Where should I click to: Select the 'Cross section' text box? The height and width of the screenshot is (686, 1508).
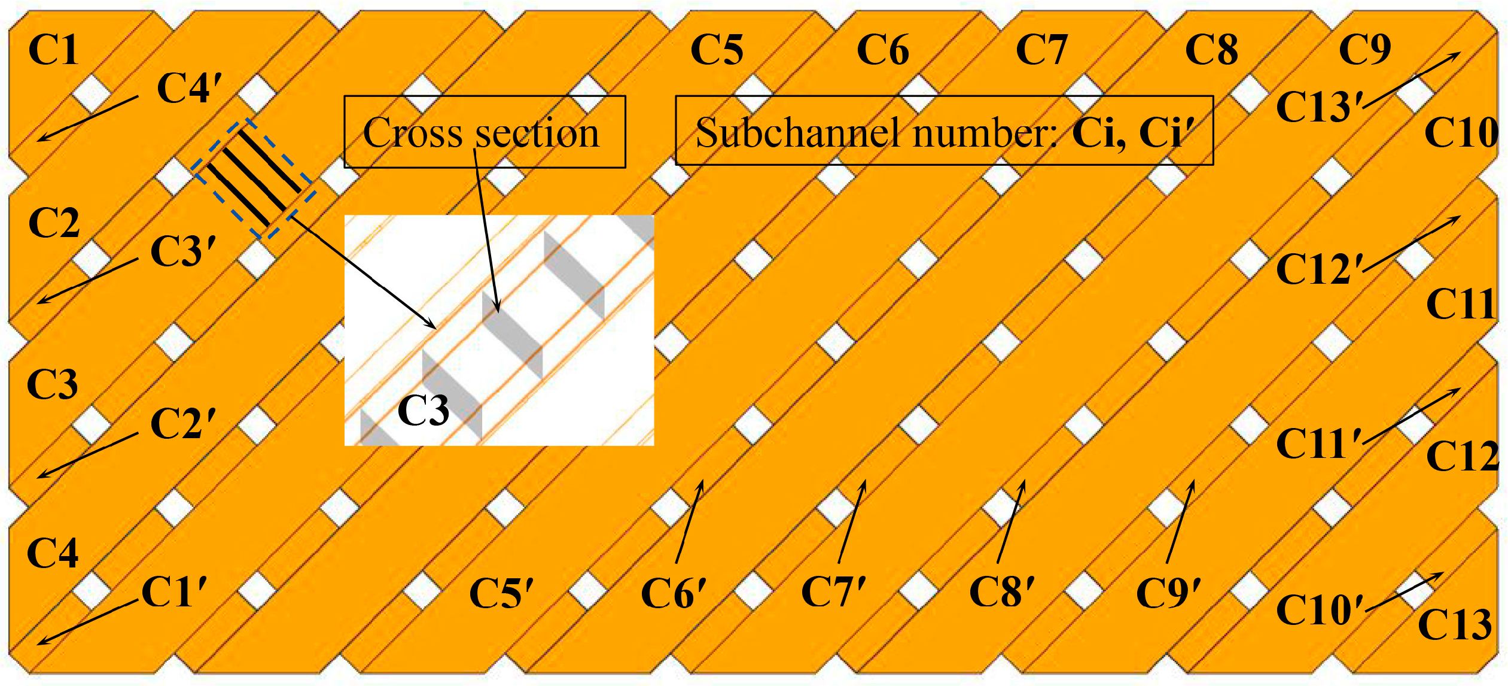pyautogui.click(x=485, y=132)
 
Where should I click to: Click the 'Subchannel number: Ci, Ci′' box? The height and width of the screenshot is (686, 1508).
pyautogui.click(x=944, y=130)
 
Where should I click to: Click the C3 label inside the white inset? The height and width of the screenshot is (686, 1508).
pyautogui.click(x=423, y=411)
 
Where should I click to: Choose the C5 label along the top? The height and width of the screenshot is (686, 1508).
pyautogui.click(x=716, y=49)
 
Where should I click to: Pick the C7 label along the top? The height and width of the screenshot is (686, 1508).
pyautogui.click(x=1041, y=49)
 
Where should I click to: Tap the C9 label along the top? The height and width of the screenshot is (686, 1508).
pyautogui.click(x=1364, y=49)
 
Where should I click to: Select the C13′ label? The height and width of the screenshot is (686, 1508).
pyautogui.click(x=1320, y=107)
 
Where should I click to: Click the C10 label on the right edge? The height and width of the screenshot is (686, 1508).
pyautogui.click(x=1461, y=132)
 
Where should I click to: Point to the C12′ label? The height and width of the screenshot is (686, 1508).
pyautogui.click(x=1320, y=269)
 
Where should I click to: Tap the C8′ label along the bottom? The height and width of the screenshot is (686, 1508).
pyautogui.click(x=1001, y=592)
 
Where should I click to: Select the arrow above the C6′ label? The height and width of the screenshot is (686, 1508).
pyautogui.click(x=689, y=521)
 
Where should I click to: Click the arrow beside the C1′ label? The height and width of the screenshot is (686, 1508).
pyautogui.click(x=88, y=622)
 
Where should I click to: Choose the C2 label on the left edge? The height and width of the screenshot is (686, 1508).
pyautogui.click(x=54, y=223)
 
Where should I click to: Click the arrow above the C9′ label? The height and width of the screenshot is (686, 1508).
pyautogui.click(x=1180, y=521)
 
